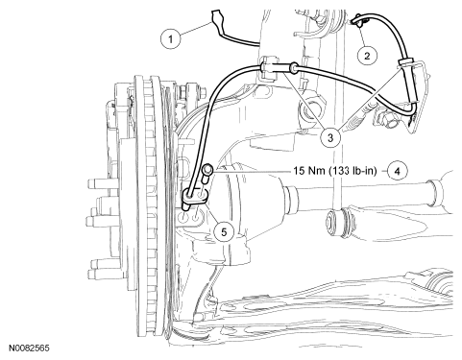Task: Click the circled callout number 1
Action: point(171,39)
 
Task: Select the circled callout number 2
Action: point(367,56)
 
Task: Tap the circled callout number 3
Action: point(330,137)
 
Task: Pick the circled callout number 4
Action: point(397,171)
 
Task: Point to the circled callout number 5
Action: point(224,231)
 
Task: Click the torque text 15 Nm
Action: point(309,171)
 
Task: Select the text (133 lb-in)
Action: point(353,171)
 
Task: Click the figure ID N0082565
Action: point(29,348)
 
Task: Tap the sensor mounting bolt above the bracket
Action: point(207,174)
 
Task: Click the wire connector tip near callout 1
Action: point(215,16)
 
